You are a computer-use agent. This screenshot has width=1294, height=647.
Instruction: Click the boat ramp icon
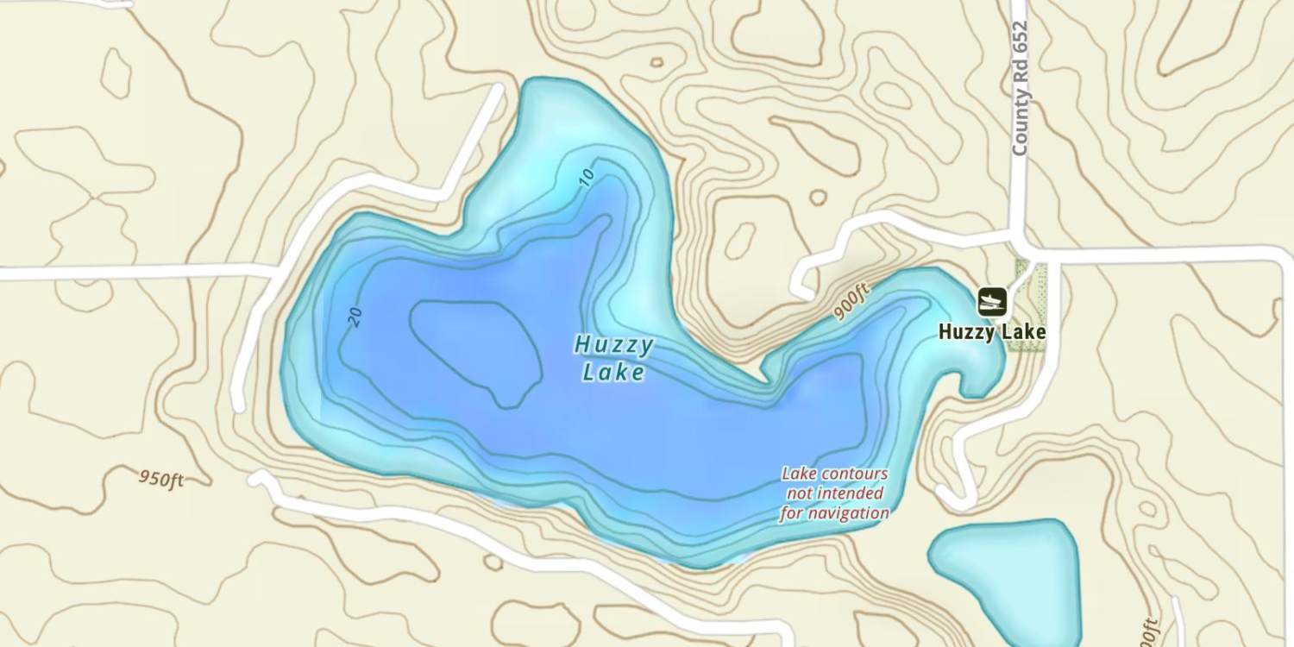[x=992, y=301]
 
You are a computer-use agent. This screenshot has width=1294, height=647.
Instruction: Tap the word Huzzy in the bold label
[x=965, y=332]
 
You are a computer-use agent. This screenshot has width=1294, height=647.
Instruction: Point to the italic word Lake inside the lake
[x=613, y=373]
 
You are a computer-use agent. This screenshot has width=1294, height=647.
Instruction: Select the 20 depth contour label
[x=355, y=317]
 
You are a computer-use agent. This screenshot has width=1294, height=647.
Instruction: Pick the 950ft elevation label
[x=161, y=479]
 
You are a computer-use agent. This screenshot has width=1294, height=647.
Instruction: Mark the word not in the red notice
[x=800, y=493]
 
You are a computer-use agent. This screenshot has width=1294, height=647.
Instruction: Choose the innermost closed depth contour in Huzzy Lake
[x=474, y=349]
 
